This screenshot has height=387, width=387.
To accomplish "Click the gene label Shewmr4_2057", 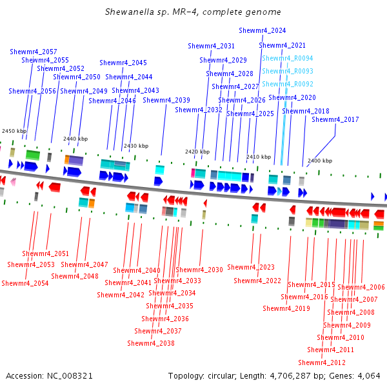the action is click(34, 52).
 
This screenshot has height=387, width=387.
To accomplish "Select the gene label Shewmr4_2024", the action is click(262, 30).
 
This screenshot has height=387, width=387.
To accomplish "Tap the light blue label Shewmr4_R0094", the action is click(288, 58).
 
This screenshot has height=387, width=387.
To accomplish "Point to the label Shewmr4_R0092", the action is click(288, 84).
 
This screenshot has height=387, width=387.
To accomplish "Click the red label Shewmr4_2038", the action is click(151, 343).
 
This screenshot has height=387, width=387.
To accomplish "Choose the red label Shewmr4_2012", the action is click(322, 362).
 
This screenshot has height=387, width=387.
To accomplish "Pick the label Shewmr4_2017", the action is click(335, 119).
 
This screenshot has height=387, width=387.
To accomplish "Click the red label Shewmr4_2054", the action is click(25, 283).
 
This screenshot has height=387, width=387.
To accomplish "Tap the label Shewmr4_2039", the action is click(166, 100).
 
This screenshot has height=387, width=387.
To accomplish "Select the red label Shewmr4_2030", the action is click(199, 270).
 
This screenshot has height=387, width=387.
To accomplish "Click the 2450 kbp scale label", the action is click(14, 131).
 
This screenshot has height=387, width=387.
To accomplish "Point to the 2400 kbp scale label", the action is click(320, 161).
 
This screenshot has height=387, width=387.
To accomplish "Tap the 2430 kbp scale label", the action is click(136, 146).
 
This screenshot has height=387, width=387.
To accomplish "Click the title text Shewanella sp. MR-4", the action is click(151, 12).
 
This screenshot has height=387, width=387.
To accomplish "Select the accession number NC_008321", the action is click(70, 376).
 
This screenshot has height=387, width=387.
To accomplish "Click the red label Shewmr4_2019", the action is click(286, 308).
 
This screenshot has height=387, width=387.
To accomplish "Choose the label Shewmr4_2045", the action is click(123, 63).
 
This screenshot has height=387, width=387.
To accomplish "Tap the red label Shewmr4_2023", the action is click(251, 267).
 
